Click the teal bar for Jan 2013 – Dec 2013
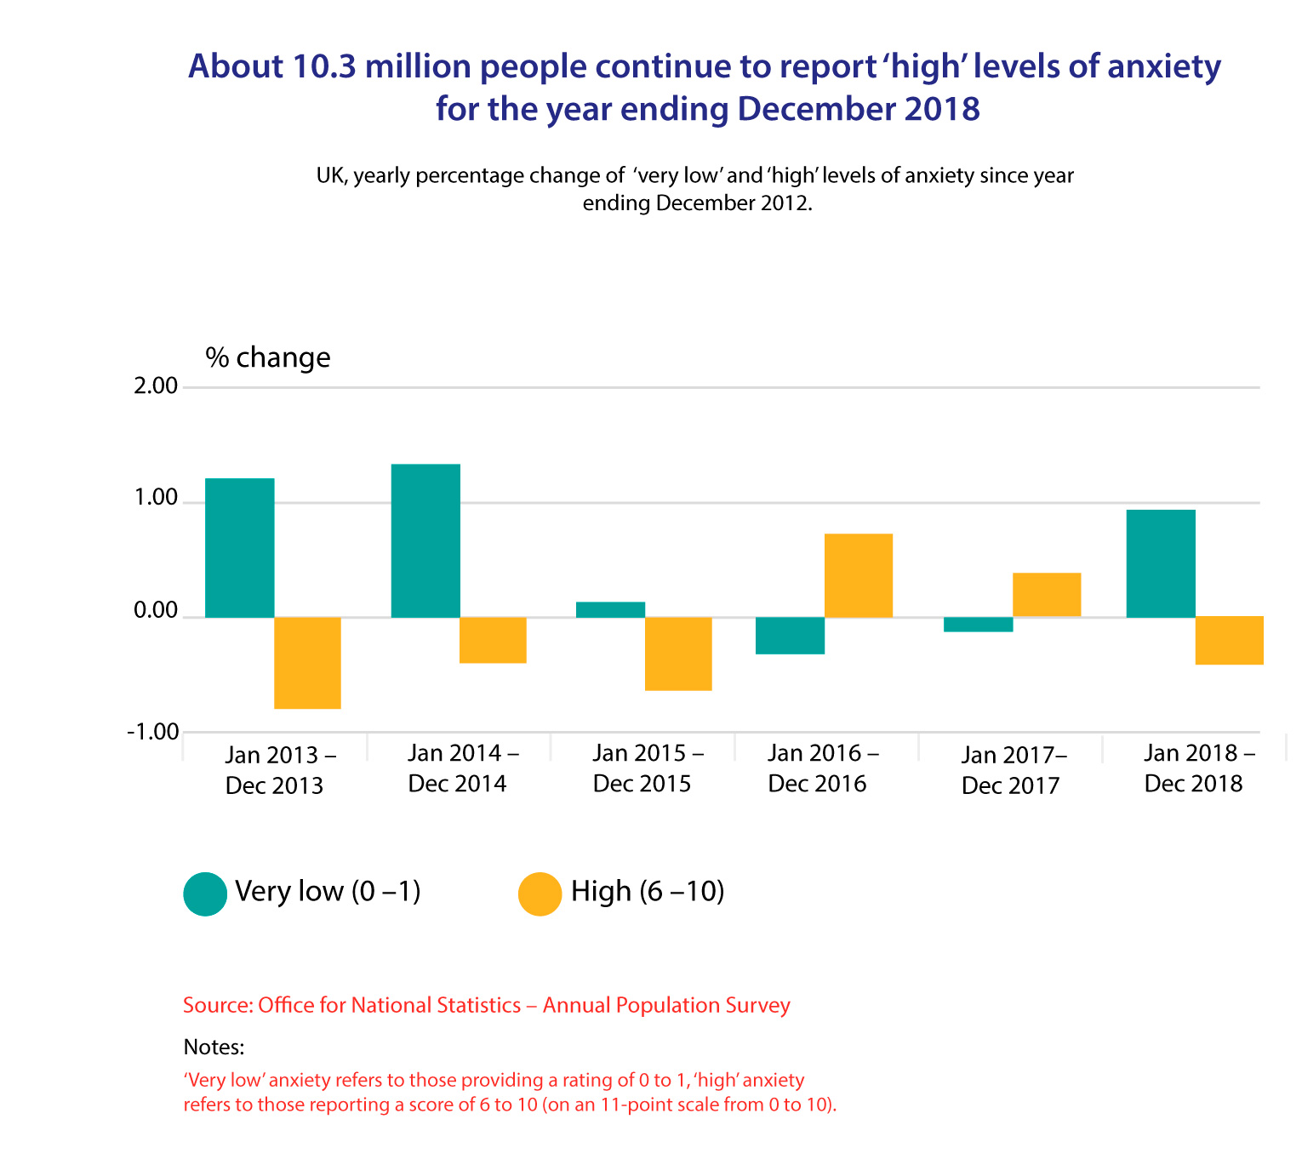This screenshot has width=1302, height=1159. tap(239, 547)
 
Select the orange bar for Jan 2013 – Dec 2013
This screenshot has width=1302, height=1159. tap(307, 662)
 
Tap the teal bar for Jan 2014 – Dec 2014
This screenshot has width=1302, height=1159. tap(425, 540)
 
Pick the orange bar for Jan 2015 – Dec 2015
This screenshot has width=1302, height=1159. tap(678, 653)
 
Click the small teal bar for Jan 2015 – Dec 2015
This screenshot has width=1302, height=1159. tap(610, 609)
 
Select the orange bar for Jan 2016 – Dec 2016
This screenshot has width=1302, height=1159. tap(859, 574)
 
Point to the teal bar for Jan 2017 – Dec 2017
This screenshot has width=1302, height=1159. tap(979, 625)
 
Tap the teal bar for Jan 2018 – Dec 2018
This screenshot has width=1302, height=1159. tap(1161, 563)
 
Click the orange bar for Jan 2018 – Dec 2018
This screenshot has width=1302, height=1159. tap(1229, 640)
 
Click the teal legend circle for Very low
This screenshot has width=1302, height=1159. tap(205, 894)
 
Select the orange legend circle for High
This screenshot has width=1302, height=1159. tap(540, 894)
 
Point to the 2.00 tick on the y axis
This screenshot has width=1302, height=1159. tap(156, 387)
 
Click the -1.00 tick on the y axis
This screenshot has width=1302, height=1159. tap(153, 732)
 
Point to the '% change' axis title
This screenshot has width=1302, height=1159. tap(267, 357)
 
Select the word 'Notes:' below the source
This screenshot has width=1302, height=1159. tap(214, 1047)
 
